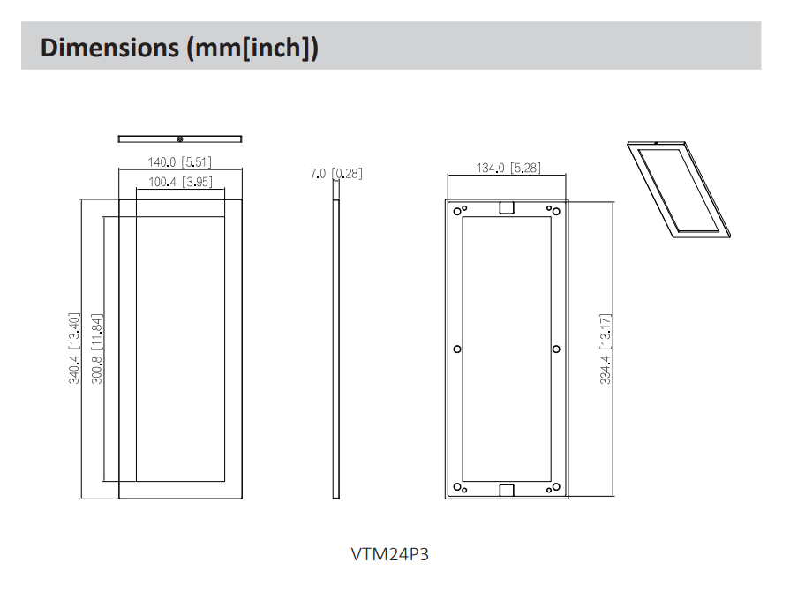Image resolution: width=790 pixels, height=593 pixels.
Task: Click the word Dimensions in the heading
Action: pos(109,47)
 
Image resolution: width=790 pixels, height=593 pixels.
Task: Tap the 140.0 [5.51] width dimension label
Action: pos(179,162)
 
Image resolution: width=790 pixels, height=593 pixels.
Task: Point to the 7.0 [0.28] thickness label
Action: pos(335,174)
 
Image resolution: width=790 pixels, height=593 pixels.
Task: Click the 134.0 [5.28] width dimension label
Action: pos(507,168)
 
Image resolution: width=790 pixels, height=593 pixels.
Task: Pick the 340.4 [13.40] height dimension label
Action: pos(75,349)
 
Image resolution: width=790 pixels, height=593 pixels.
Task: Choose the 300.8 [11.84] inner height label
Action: pos(97,349)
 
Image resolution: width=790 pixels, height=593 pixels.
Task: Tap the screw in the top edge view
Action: pos(180,139)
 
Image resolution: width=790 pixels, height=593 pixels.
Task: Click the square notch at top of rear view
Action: pos(507,208)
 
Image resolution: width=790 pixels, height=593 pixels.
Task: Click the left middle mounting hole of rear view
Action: pos(456,349)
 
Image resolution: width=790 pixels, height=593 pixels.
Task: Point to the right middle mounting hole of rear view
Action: pos(556,349)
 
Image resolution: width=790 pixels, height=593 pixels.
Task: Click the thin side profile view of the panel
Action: pos(336,349)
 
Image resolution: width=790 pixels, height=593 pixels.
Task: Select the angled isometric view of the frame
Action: pos(678,190)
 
